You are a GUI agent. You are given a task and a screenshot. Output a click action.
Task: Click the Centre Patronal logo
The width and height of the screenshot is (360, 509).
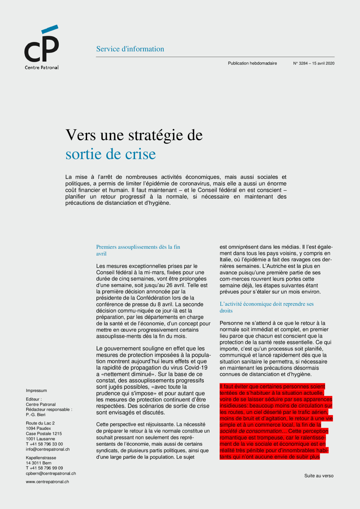[41, 47]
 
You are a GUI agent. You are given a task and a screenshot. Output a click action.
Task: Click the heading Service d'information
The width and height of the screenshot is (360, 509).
[130, 49]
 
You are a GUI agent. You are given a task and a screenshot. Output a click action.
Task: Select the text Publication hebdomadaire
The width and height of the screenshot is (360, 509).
[252, 63]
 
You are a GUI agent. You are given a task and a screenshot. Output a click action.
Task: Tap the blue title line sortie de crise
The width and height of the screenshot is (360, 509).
[111, 154]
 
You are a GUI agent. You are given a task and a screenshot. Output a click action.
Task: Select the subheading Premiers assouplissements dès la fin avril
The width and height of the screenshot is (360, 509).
[138, 250]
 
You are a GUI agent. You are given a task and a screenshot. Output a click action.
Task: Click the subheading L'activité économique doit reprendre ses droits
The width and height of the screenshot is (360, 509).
[266, 307]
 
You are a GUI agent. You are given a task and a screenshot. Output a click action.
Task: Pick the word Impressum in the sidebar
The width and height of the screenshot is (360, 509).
[36, 391]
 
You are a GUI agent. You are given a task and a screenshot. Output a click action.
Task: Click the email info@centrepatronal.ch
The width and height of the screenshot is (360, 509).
[48, 449]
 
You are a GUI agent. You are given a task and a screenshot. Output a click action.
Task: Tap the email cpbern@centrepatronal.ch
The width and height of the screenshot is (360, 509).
[51, 473]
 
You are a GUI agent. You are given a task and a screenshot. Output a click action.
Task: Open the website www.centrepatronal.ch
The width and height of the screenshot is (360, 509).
[47, 482]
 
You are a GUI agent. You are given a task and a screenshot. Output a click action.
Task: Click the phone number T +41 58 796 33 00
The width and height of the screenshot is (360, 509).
[44, 444]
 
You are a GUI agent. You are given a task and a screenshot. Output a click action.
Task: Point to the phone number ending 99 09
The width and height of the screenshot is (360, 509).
[44, 468]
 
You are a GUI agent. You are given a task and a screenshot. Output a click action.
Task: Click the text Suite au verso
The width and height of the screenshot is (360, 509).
[319, 476]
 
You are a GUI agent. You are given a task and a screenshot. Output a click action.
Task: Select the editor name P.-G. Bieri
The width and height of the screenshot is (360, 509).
[36, 415]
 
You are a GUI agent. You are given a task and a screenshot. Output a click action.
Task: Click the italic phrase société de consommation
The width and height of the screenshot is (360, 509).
[250, 431]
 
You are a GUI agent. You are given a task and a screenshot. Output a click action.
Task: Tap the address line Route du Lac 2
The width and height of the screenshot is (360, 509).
[40, 423]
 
